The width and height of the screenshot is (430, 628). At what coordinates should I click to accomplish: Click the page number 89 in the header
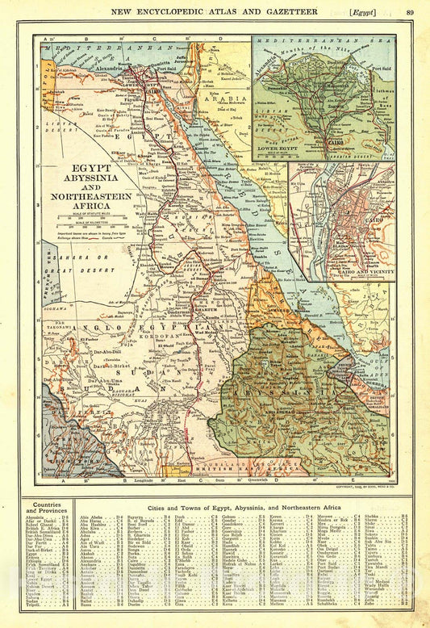pos(411,10)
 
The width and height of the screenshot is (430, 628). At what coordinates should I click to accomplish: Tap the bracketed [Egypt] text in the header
pos(371,10)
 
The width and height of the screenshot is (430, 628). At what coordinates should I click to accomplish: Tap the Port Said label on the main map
pos(169,68)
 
